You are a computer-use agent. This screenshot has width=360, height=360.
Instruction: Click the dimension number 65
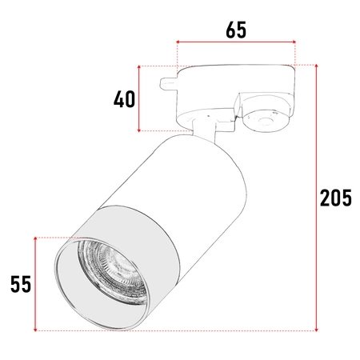point(235,30)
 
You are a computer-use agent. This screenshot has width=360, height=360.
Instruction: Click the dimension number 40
point(124,100)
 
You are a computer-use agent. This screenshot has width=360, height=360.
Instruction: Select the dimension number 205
point(335,197)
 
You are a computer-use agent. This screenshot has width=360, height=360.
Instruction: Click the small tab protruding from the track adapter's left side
point(169,82)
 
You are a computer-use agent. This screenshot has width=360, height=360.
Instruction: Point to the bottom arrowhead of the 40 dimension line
point(141,130)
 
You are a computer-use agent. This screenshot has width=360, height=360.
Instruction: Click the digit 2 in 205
point(325,197)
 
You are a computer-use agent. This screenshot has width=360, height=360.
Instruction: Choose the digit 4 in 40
point(118,100)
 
